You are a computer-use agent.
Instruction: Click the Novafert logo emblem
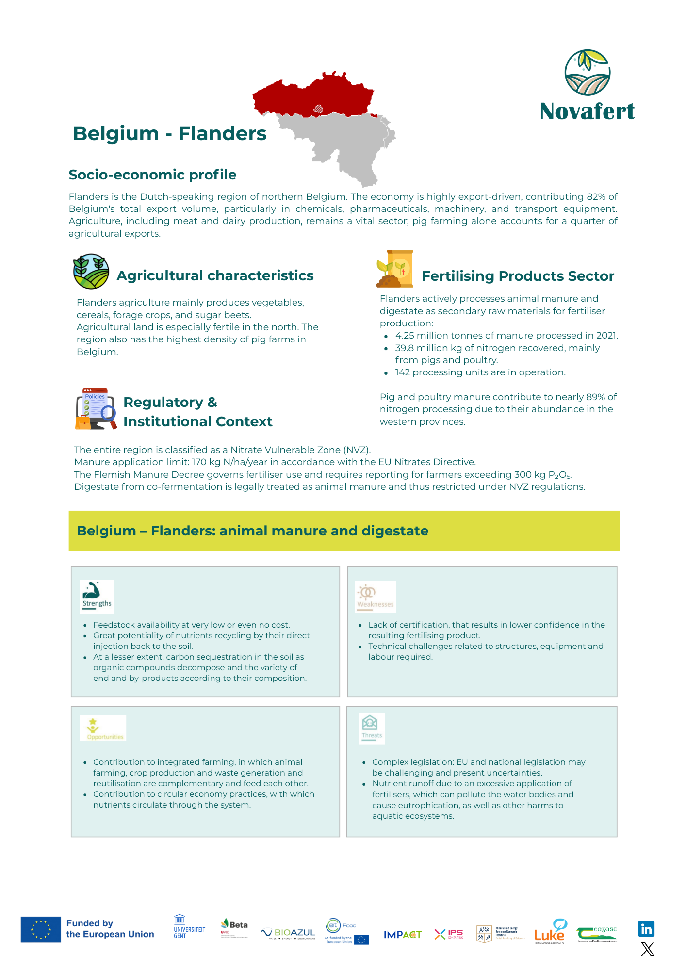point(587,72)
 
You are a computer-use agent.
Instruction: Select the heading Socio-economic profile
point(152,175)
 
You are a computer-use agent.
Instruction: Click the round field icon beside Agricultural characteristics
point(91,272)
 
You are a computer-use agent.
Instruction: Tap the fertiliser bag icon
point(395,269)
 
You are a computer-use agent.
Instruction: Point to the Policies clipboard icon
point(96,409)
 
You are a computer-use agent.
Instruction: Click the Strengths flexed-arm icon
point(97,596)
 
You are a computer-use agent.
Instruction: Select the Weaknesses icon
point(375,596)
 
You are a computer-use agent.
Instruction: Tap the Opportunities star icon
point(102,728)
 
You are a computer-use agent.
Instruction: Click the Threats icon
point(372,728)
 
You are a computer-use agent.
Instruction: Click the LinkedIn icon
point(646,929)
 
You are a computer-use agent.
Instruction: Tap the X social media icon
point(647,949)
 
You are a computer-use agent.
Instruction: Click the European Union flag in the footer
point(41,929)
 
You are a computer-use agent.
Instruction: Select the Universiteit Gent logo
point(189,927)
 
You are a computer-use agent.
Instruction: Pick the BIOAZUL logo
point(288,933)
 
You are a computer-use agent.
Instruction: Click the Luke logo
point(550,932)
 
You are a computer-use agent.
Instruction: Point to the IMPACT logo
point(402,935)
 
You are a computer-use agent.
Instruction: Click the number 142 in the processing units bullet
point(402,372)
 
